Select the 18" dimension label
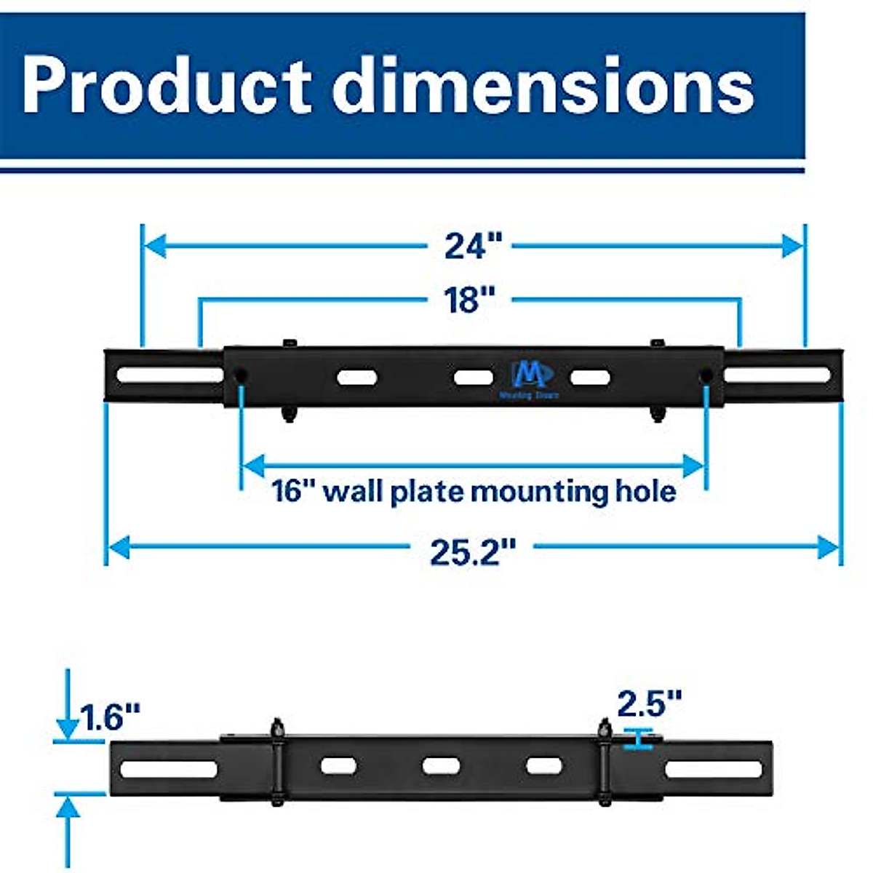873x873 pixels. tap(469, 300)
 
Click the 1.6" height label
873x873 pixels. tap(110, 717)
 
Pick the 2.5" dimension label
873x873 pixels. tap(649, 703)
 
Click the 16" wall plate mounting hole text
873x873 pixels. tap(474, 491)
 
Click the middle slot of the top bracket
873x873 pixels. tap(474, 377)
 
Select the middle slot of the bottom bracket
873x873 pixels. tap(441, 766)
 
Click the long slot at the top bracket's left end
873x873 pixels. tap(170, 375)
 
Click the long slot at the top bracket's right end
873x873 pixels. tap(777, 375)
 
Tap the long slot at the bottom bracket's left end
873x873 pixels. tap(169, 769)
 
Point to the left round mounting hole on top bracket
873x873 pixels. tap(239, 375)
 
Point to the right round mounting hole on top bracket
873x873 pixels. tap(706, 375)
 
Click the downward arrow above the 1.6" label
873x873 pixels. tap(68, 726)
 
